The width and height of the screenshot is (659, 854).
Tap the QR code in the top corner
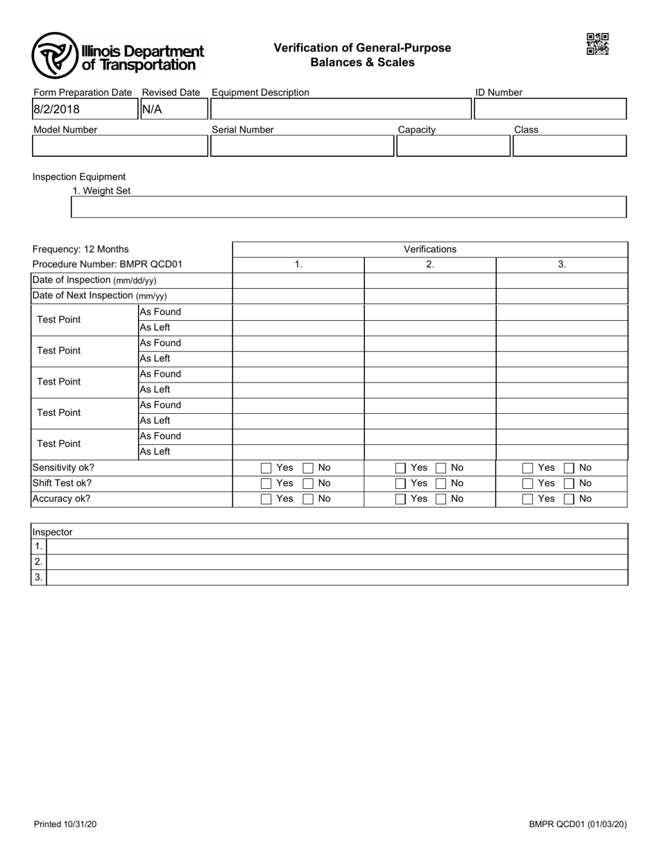(x=597, y=44)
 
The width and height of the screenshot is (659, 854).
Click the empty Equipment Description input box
(x=341, y=109)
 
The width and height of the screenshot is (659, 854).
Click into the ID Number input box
(x=550, y=109)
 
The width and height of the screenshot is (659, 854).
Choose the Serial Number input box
(x=302, y=146)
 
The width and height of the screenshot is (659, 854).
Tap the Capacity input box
(x=453, y=146)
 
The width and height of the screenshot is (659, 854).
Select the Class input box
(x=569, y=146)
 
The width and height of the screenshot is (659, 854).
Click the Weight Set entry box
(x=349, y=207)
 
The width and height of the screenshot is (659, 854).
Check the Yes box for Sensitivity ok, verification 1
(x=266, y=468)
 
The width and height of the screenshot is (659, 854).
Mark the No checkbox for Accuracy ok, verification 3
(x=569, y=499)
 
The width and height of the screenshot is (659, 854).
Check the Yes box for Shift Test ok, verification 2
(x=400, y=483)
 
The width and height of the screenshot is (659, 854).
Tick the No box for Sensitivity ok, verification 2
(x=441, y=468)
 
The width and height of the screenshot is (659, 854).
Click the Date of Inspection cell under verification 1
(x=298, y=280)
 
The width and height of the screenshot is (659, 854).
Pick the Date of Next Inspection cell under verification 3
(x=562, y=296)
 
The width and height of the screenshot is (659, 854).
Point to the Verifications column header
(x=430, y=249)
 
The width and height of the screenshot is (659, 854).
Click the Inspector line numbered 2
(x=336, y=562)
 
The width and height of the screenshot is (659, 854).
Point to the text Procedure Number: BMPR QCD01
(x=108, y=265)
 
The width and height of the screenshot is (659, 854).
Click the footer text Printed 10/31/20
(x=65, y=824)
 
